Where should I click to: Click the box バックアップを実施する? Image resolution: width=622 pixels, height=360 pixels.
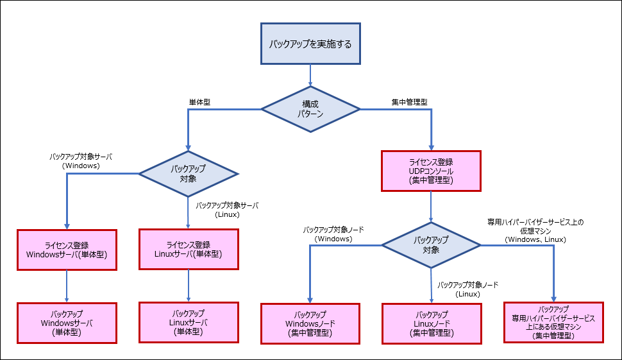(310, 44)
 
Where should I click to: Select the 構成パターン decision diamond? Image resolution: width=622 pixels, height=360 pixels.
(310, 109)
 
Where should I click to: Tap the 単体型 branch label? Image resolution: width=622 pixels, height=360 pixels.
(199, 102)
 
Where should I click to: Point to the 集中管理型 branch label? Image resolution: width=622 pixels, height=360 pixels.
(410, 102)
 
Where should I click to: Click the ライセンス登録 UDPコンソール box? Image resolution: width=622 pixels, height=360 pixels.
(431, 171)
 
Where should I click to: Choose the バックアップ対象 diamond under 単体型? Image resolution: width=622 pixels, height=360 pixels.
(189, 174)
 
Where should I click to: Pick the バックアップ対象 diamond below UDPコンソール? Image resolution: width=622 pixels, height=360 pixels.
(431, 245)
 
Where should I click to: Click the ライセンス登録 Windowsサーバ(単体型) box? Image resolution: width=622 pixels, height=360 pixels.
(67, 249)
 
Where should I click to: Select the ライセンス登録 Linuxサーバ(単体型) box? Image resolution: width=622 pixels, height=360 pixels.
(189, 249)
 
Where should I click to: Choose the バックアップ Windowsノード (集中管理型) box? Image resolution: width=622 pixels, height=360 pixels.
(310, 323)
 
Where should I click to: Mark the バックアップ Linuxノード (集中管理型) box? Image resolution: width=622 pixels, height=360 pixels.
(431, 323)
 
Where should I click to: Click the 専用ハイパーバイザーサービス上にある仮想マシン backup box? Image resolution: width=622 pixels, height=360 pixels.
(553, 322)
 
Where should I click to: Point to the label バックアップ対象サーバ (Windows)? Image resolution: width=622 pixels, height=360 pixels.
(80, 160)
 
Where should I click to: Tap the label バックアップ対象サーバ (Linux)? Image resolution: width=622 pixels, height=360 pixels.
(226, 210)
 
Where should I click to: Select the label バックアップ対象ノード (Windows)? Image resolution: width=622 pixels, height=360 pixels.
(333, 234)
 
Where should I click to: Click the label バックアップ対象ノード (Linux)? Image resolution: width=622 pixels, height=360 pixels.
(467, 289)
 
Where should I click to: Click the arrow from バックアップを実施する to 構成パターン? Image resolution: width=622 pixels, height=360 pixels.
(310, 75)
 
